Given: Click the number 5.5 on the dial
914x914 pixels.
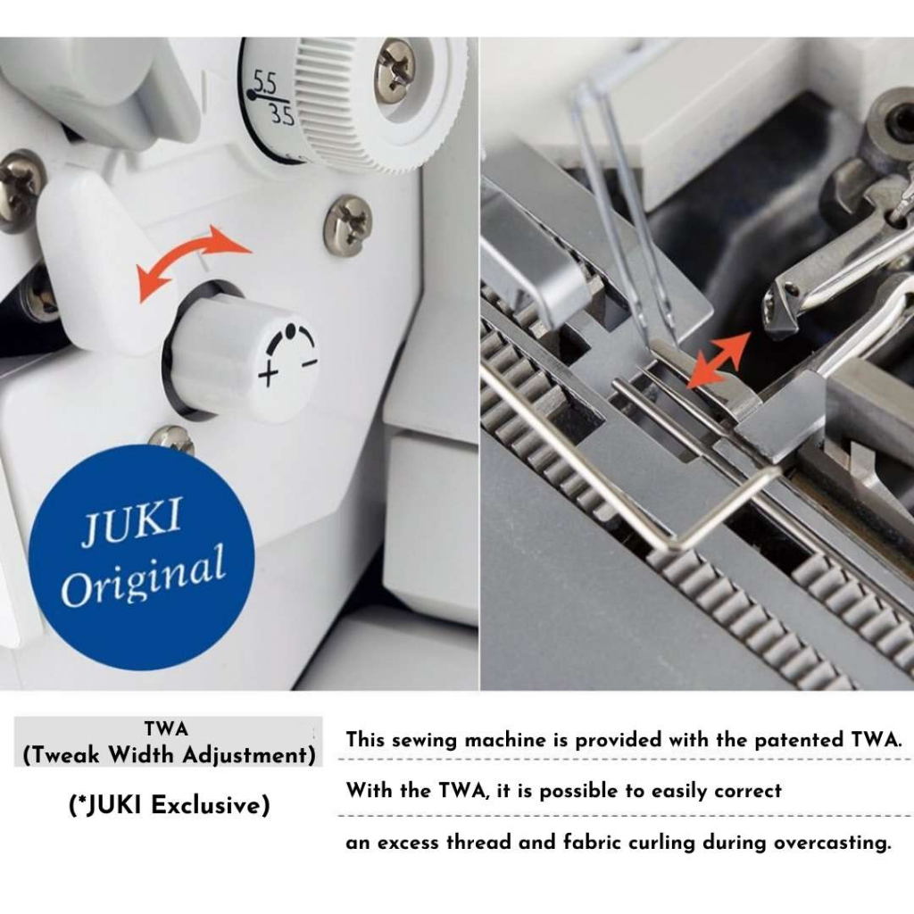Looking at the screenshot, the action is click(x=264, y=84).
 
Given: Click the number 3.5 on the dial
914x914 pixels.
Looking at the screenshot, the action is click(x=282, y=115).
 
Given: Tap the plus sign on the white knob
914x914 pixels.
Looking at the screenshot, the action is click(x=268, y=374).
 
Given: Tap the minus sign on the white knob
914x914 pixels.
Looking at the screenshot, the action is click(x=310, y=363).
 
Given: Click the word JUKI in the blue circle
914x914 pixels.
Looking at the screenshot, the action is click(x=131, y=521).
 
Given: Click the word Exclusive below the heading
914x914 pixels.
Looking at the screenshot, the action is click(x=211, y=806).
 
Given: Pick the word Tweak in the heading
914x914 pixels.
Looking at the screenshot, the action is click(x=67, y=755).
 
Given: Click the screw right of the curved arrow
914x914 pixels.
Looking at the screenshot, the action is click(x=348, y=222).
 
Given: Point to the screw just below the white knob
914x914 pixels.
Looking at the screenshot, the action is click(x=172, y=439).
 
